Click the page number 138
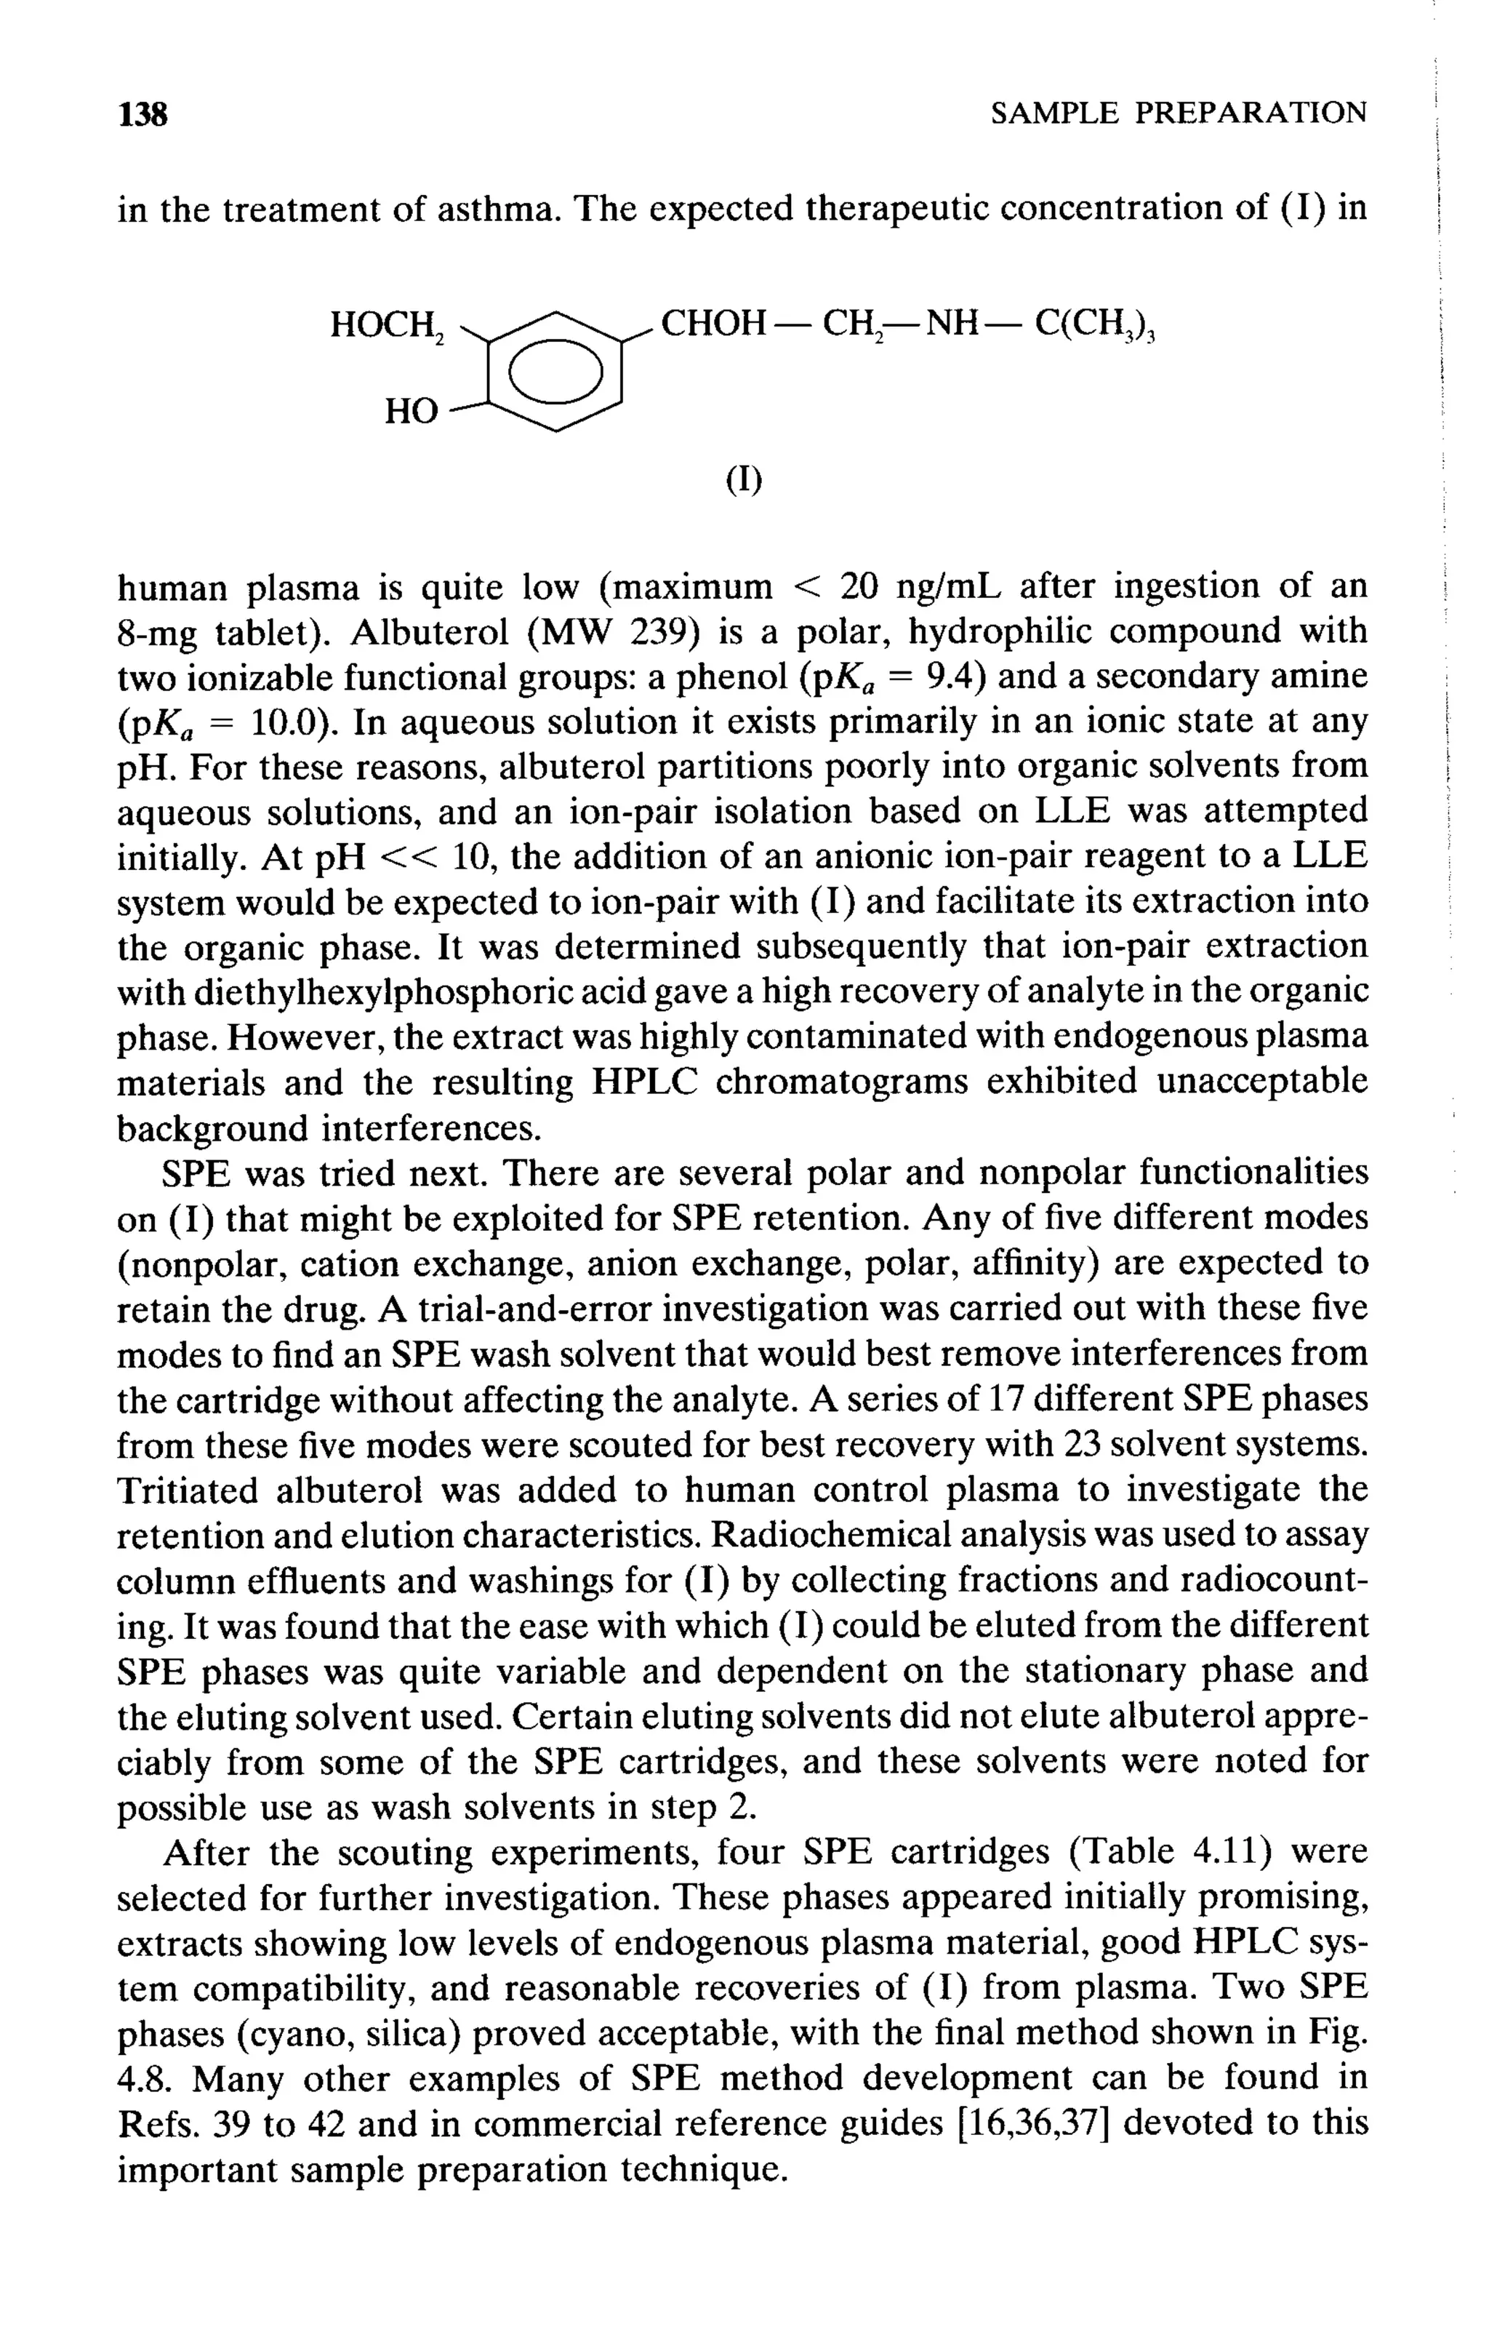(x=143, y=115)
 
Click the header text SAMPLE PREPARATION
(x=1179, y=114)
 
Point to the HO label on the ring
(x=410, y=412)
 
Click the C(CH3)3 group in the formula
(x=1096, y=324)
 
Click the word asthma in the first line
(x=499, y=209)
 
